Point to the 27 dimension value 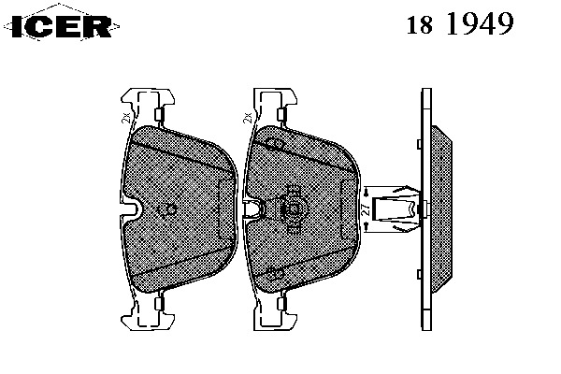[364, 211]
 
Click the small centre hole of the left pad [168, 208]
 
